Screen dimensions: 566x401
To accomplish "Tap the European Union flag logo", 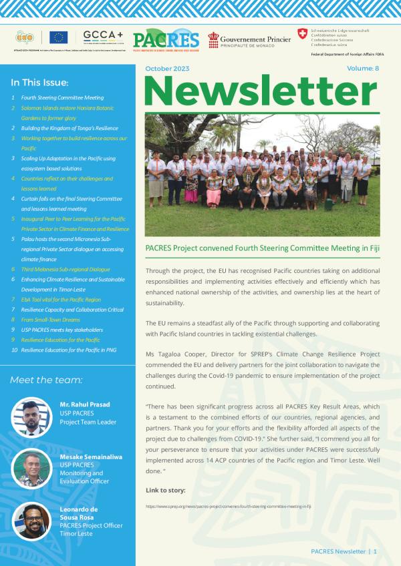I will [x=58, y=37].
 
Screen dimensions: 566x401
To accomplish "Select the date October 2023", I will [x=167, y=69].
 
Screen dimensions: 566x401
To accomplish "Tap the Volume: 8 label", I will [x=363, y=69].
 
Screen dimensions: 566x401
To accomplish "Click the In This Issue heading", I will [x=40, y=83].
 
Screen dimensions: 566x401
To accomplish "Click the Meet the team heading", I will [x=46, y=380].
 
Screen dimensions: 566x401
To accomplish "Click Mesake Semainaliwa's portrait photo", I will [x=31, y=469].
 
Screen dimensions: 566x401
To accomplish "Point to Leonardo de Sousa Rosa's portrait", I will [x=31, y=521].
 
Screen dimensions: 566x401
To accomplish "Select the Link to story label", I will [x=166, y=491].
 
